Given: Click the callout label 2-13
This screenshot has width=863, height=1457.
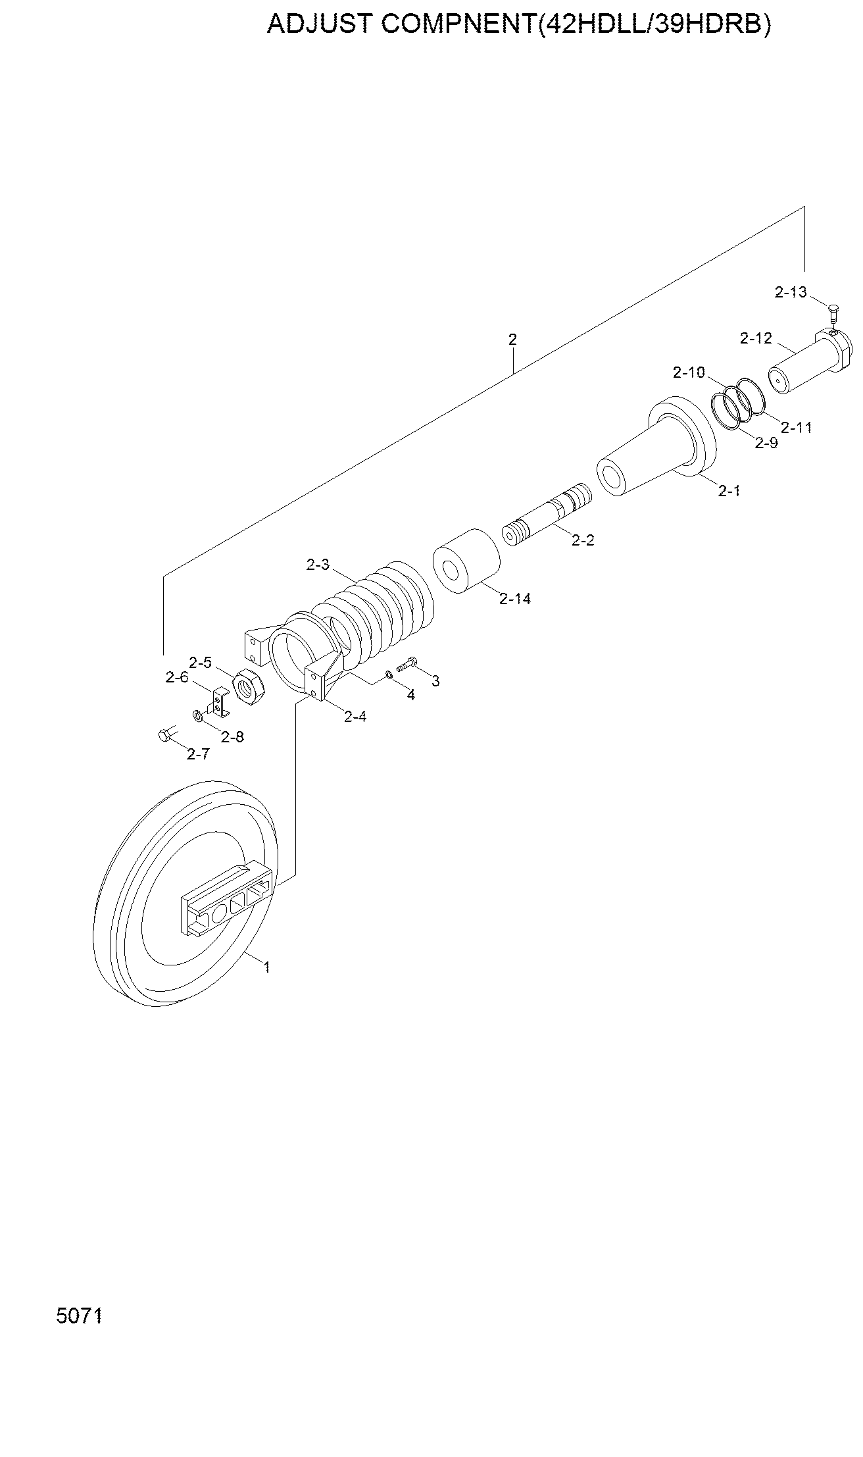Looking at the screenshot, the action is (x=791, y=292).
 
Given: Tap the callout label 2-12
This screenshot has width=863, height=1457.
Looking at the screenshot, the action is (x=756, y=338).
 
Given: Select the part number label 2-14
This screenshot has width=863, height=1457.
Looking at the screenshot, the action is (x=515, y=599).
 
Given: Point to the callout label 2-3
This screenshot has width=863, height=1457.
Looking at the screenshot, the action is (x=317, y=565).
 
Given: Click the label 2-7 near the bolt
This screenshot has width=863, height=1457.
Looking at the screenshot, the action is (x=198, y=754).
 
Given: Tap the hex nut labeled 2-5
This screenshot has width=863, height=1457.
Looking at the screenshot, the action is (x=249, y=688).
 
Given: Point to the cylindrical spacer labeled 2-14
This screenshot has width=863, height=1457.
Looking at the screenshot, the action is (x=466, y=561).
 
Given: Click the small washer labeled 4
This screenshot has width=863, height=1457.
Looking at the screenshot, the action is (x=389, y=673).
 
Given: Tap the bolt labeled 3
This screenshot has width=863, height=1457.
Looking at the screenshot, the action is (x=407, y=664).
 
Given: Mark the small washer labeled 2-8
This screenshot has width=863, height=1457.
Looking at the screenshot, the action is (x=197, y=715).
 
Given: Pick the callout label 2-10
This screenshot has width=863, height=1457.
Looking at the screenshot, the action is (x=689, y=372).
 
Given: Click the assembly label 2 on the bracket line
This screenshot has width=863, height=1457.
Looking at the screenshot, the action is (x=512, y=340).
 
